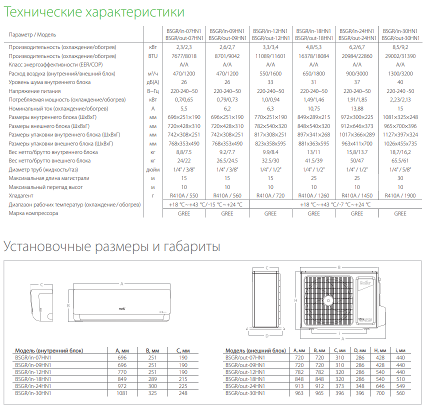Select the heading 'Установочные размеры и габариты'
coord(112,246)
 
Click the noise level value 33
coord(270,82)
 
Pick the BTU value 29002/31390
coord(400,56)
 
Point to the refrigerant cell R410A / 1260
coord(314,196)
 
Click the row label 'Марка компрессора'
coord(33,213)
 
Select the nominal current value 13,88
coord(357,108)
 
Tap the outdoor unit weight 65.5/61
coord(400,161)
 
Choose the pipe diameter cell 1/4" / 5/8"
coord(400,169)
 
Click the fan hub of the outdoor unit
coord(328,300)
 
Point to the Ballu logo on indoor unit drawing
coord(122,307)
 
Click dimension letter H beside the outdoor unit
coord(295,300)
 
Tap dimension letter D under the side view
coord(266,335)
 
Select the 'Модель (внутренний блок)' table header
coord(49,350)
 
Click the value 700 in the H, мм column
coord(379,393)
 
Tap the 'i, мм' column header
coord(400,350)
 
